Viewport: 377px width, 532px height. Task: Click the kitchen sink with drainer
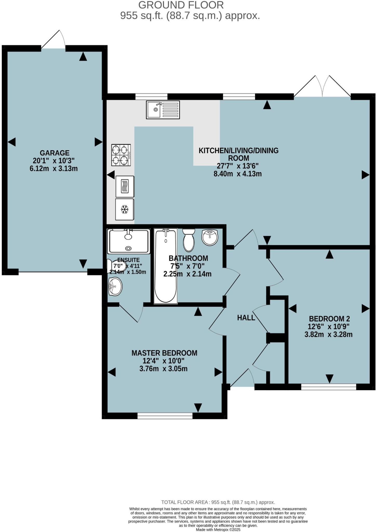pos(163,110)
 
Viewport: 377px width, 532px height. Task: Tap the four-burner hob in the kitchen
pos(121,155)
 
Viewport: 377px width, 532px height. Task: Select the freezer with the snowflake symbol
pos(125,209)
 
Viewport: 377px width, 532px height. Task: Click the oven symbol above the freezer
pos(125,186)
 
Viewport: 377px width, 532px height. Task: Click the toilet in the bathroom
pos(189,240)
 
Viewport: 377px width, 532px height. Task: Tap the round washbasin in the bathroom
pos(210,237)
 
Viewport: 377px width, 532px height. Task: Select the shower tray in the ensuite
pos(129,241)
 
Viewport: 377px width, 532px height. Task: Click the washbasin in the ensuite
pos(115,287)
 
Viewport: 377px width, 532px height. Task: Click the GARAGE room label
pos(55,153)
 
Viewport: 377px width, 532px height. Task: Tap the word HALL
pos(246,317)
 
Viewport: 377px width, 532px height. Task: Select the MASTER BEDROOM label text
pos(164,353)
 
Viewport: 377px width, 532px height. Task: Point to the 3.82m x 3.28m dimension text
pos(328,334)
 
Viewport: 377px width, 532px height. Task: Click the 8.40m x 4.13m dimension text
pos(237,174)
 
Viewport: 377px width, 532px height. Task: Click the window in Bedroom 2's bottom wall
pos(328,387)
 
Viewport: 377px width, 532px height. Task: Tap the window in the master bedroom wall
pos(165,416)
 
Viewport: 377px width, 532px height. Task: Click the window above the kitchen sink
pos(151,97)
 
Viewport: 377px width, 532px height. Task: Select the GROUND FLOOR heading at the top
pos(181,5)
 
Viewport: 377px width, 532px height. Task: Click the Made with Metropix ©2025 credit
pos(218,529)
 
